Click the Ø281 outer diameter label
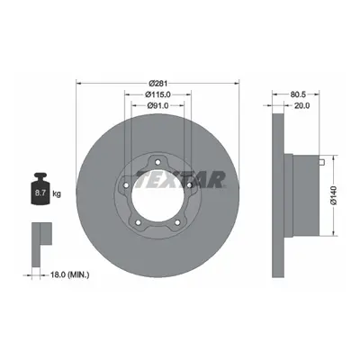pos(157,83)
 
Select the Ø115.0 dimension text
pos(157,94)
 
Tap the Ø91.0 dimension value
pos(157,105)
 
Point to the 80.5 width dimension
pos(298,94)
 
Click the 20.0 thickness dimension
pos(302,105)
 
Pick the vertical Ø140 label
pos(334,195)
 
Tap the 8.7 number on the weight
pos(40,193)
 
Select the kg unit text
pos(57,193)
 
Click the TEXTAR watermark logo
pos(180,180)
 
